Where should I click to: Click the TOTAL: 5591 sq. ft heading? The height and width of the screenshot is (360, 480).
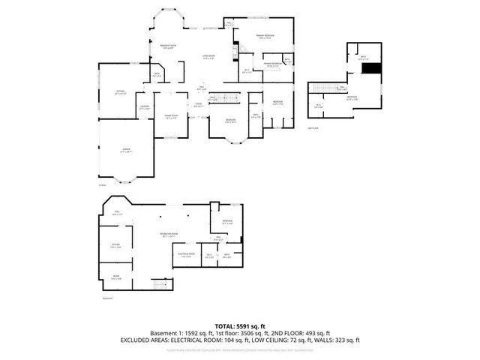click(240, 325)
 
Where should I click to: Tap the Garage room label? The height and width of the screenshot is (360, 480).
click(127, 150)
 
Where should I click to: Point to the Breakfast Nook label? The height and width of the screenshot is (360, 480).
click(169, 47)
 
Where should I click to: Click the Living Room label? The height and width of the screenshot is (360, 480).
click(208, 57)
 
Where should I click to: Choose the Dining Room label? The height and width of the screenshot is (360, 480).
click(170, 115)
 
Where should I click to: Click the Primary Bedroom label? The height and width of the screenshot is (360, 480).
click(265, 36)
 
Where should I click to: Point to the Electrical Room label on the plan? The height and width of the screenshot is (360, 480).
click(186, 254)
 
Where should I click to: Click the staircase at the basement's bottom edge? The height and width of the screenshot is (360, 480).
click(159, 286)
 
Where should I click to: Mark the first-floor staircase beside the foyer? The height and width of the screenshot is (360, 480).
click(222, 97)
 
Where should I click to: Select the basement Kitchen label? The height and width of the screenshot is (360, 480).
click(115, 246)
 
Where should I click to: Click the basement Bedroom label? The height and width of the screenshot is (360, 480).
click(228, 220)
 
